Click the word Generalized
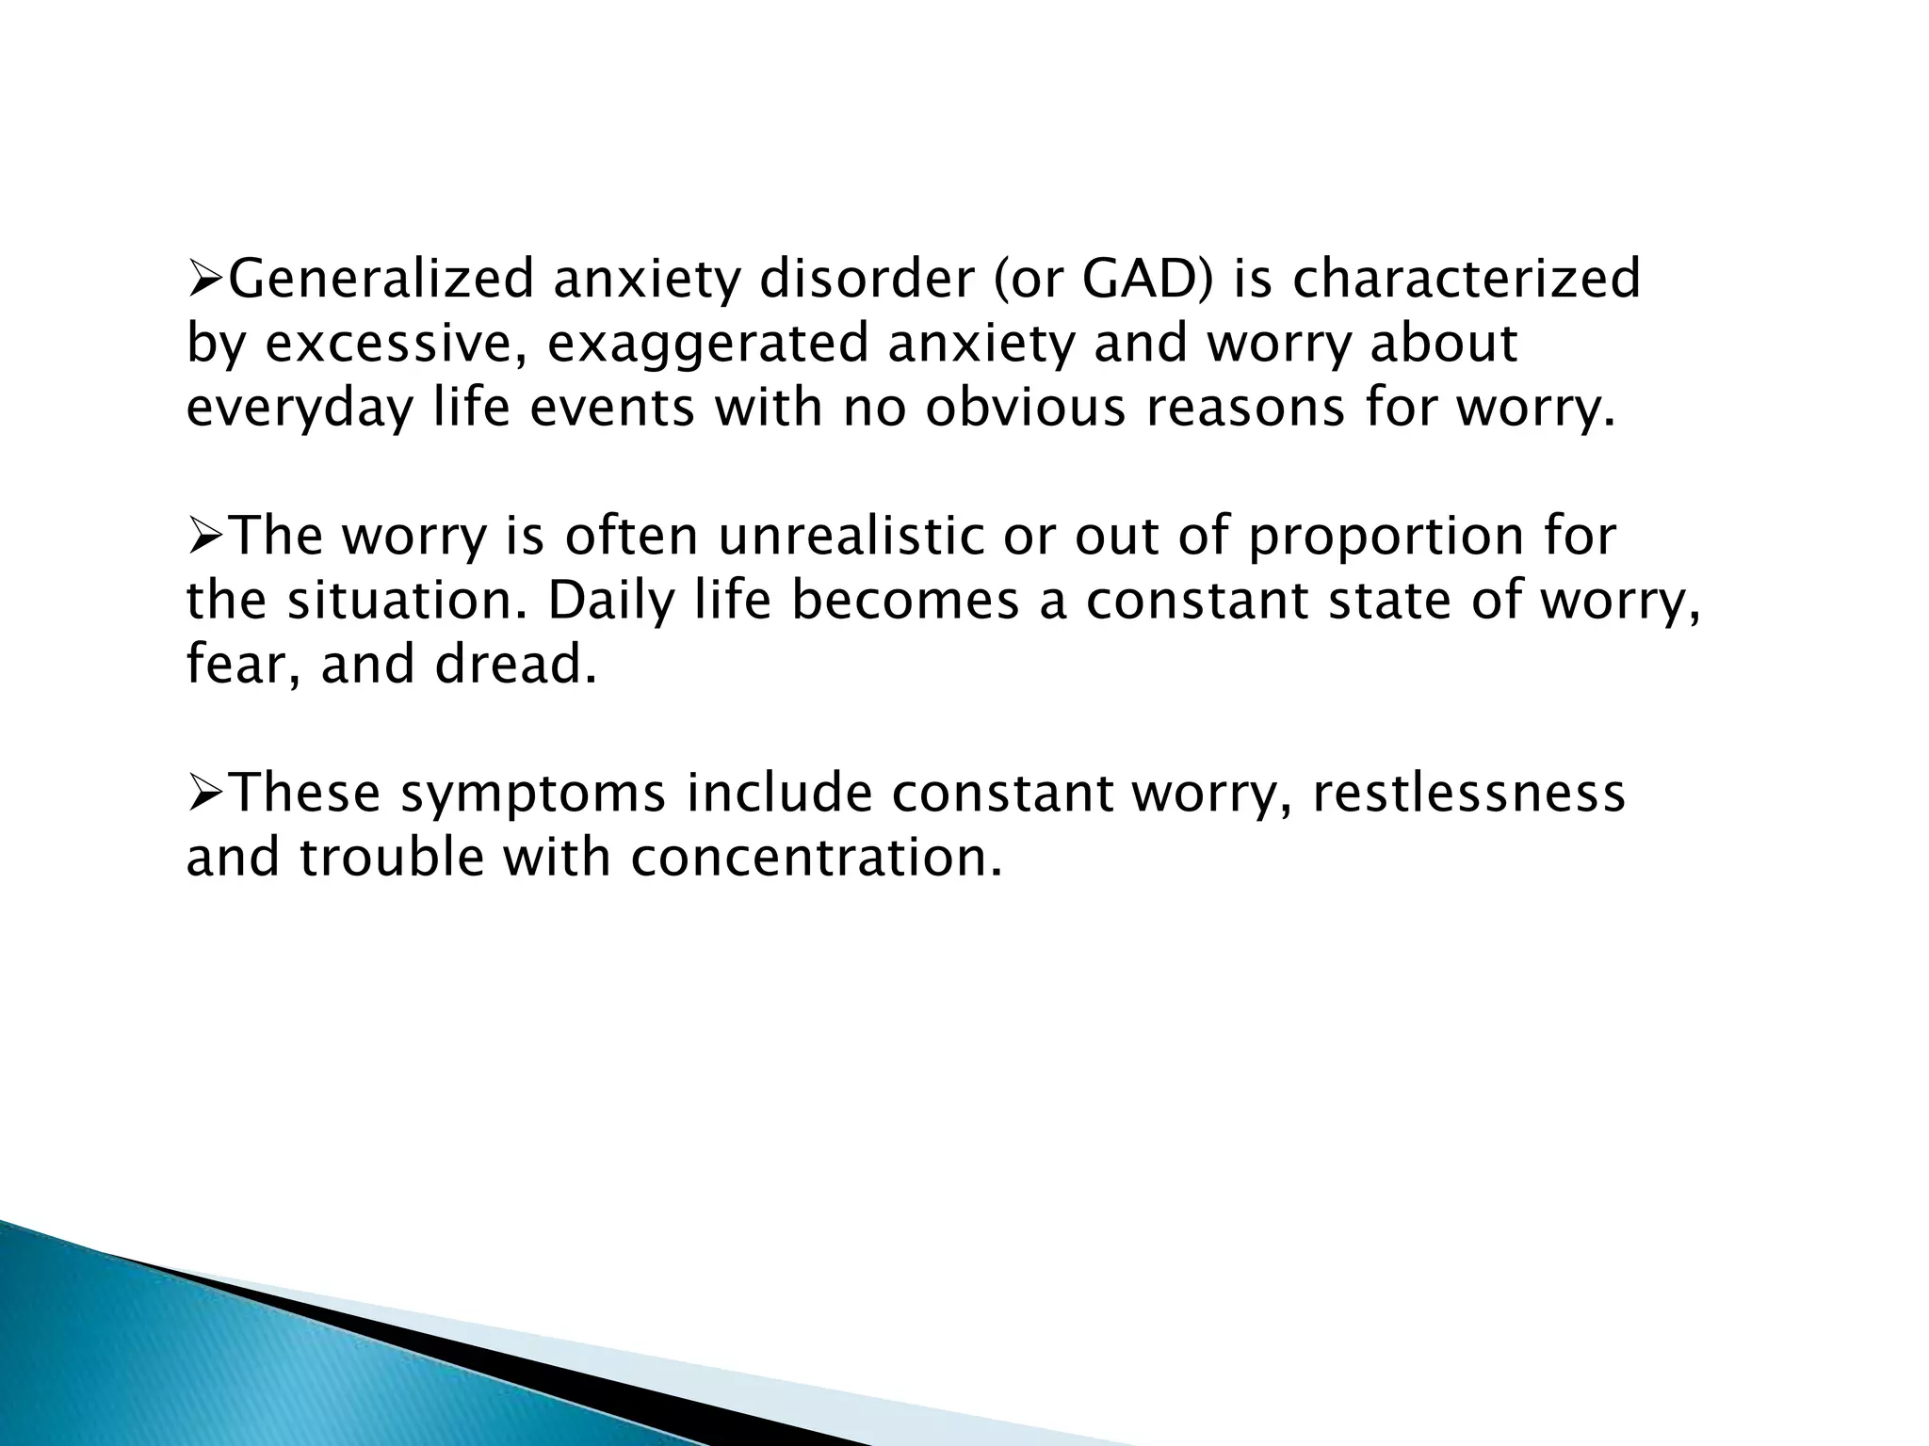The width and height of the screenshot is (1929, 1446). (x=381, y=280)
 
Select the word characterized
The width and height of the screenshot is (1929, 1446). (x=1467, y=280)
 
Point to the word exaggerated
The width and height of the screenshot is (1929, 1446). (x=707, y=344)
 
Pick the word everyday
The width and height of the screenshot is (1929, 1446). (x=300, y=409)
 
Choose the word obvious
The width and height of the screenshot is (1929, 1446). (x=1025, y=409)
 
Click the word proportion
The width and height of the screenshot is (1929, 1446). (x=1385, y=537)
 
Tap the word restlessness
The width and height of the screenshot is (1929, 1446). (x=1468, y=794)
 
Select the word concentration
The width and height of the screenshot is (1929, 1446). (x=816, y=858)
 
